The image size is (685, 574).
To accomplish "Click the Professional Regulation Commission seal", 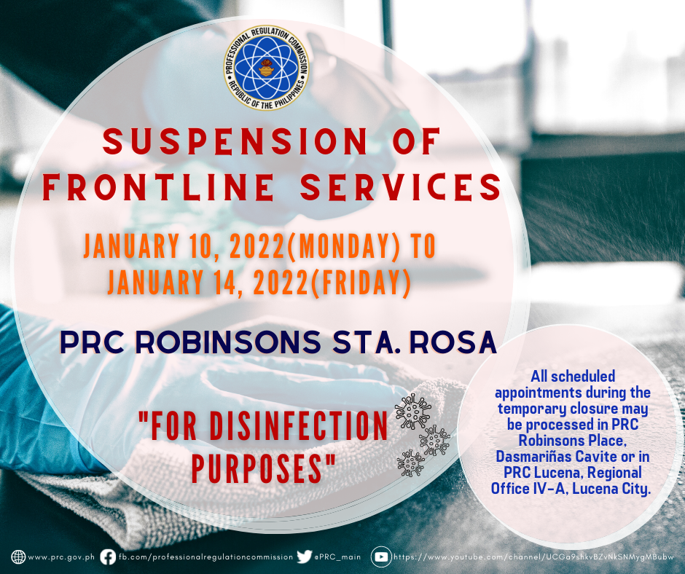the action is coord(266,68).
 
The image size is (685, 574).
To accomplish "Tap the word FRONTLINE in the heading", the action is coord(158,187).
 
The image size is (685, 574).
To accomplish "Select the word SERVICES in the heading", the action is coord(401,187).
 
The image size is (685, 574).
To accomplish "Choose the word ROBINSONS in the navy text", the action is coord(228,342).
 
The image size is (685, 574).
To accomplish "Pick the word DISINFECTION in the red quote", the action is coord(299,425).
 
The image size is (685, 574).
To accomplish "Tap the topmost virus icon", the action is coord(413,411).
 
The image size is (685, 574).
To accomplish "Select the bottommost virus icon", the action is coord(410,463).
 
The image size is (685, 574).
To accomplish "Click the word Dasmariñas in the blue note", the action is coord(531,457).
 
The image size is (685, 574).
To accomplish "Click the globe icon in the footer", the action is coord(18,557).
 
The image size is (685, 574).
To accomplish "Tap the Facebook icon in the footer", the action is coord(108,557).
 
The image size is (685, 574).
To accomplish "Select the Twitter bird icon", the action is coord(304,557).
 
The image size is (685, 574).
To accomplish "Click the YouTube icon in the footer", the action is coord(381,557).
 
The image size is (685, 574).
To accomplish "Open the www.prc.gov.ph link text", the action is coord(61,557).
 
